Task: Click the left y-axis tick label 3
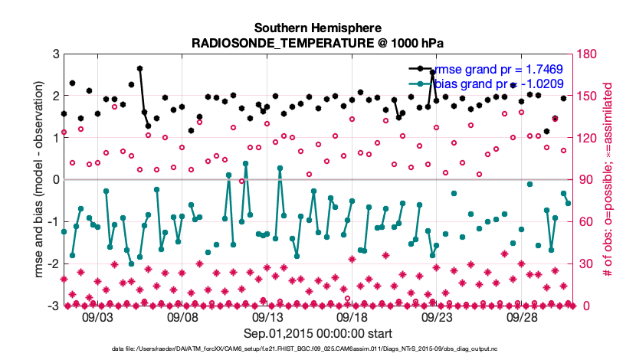(56, 54)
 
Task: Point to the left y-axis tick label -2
(54, 263)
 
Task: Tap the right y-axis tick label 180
(588, 54)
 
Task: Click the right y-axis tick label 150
(588, 97)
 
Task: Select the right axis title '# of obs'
(608, 180)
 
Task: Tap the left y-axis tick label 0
(56, 180)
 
